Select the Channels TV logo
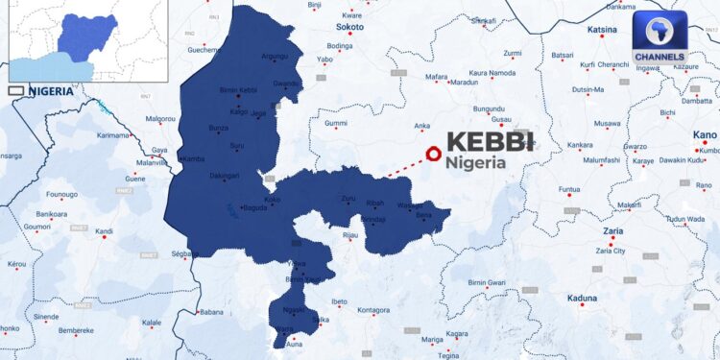point(660,43)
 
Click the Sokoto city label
point(349,29)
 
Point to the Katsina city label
point(602,30)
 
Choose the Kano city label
point(704,135)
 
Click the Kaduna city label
point(582,300)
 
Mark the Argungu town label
point(274,57)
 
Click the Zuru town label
point(348,199)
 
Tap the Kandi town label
point(104,231)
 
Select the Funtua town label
point(570,189)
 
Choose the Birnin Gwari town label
point(487,283)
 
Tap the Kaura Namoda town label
point(492,73)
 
